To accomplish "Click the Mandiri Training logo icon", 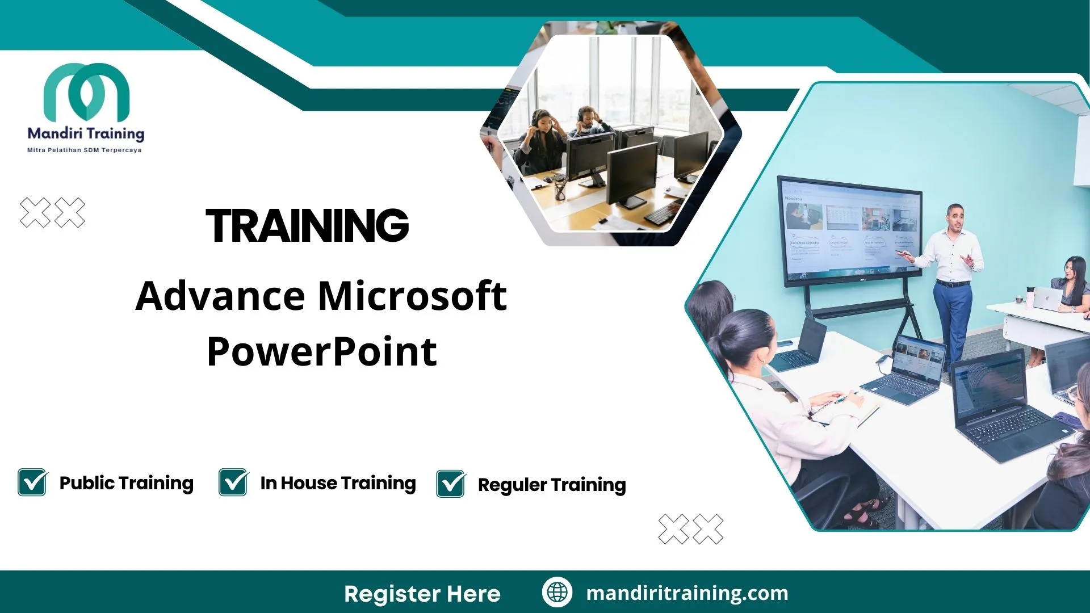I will (x=86, y=91).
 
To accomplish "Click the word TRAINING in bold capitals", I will (x=307, y=225).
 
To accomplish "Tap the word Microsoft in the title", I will (x=412, y=296).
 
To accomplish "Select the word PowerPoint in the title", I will (x=322, y=351).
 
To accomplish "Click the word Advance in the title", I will (x=220, y=296).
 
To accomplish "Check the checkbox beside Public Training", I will (x=32, y=482).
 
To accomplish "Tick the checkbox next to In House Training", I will (x=233, y=482).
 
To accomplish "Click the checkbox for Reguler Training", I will (x=451, y=484).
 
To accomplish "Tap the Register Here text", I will (x=422, y=594).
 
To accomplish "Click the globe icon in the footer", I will (x=557, y=593).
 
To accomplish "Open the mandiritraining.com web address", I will (x=687, y=593).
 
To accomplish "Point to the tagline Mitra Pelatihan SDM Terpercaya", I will (x=85, y=150).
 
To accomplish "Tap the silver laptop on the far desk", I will (x=1047, y=298).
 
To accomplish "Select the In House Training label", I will (x=338, y=483).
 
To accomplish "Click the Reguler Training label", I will (x=552, y=485).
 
